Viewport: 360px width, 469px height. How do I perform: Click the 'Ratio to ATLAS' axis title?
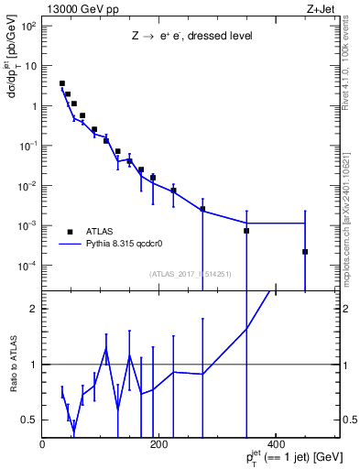click(16, 365)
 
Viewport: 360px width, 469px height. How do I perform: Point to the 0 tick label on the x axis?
click(43, 444)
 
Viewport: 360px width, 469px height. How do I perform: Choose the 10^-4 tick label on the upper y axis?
click(29, 266)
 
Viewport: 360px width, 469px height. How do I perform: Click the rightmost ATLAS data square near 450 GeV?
click(305, 252)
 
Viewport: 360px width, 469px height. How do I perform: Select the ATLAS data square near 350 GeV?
click(246, 231)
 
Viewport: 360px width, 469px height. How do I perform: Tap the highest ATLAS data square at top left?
click(62, 83)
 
